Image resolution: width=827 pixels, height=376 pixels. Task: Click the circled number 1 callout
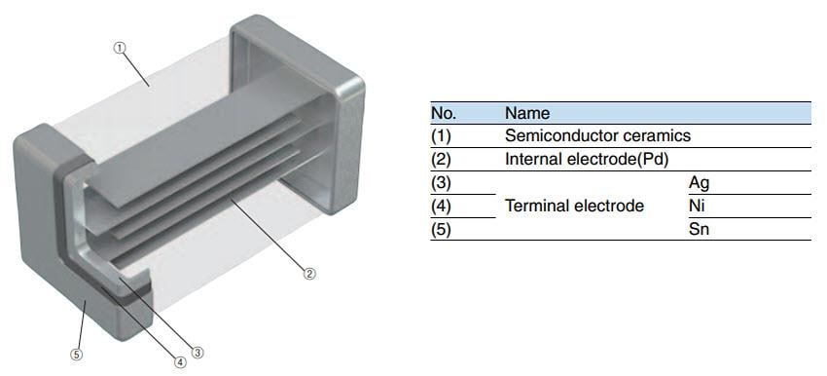point(121,47)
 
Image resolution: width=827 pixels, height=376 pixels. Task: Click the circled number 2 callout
point(309,274)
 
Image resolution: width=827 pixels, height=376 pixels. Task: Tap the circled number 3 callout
point(198,353)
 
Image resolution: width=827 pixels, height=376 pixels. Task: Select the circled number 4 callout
point(180,362)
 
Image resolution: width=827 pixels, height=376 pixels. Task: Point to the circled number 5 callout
point(77,355)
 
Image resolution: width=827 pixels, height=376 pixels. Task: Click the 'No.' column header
point(443,113)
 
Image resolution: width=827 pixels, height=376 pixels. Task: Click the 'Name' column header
point(527,113)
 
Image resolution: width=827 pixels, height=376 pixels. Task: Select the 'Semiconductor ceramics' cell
point(597,135)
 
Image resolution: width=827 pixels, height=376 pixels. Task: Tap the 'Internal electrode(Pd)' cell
point(586,159)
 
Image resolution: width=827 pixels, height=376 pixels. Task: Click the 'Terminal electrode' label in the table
point(574,206)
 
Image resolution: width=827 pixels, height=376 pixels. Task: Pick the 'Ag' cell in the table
point(700,182)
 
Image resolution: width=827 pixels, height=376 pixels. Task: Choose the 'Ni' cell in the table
point(696,206)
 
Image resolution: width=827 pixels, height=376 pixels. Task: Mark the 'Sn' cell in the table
point(699,230)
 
